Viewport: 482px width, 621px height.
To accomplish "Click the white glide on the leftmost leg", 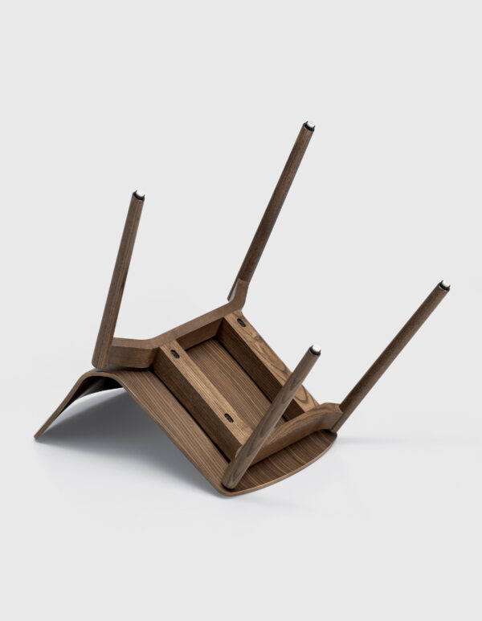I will [139, 194].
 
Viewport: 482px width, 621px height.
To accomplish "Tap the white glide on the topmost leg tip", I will [308, 125].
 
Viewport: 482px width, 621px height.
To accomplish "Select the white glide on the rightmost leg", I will [444, 285].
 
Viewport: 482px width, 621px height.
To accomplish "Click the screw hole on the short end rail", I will [240, 323].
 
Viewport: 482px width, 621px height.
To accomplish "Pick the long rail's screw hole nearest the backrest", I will [174, 353].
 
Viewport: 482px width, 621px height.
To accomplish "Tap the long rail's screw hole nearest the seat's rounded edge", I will [229, 418].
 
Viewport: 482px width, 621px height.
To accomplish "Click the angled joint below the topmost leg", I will [238, 289].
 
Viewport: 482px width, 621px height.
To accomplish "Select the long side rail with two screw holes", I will [197, 390].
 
